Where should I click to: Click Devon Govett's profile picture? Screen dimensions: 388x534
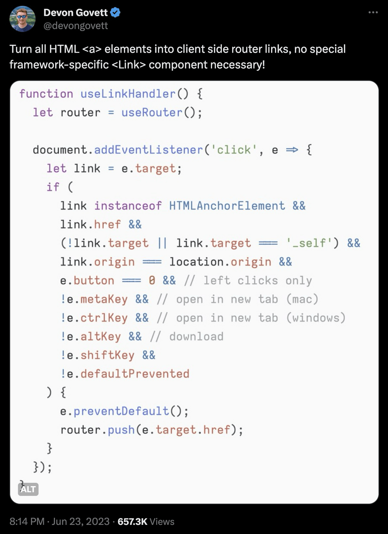23,19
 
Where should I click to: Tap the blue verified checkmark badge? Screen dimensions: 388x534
115,13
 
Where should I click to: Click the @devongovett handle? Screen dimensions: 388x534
75,26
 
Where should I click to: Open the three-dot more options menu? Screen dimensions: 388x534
373,13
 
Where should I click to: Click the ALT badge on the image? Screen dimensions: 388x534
28,489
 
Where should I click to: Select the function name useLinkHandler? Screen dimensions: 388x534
128,94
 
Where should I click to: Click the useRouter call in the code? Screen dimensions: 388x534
152,113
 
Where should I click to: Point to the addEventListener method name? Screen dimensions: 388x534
148,150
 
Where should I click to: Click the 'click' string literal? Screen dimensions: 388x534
234,150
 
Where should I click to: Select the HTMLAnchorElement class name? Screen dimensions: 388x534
227,206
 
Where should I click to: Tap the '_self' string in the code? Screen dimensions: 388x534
309,243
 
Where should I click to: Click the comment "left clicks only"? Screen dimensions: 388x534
258,281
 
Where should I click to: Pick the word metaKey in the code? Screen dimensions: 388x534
104,299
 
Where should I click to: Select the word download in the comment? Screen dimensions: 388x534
196,337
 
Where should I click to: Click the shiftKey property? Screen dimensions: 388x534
107,355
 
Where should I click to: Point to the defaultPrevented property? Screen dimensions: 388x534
135,374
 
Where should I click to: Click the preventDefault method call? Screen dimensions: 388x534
121,411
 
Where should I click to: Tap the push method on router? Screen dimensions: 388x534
121,430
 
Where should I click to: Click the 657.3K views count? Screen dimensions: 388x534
132,522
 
